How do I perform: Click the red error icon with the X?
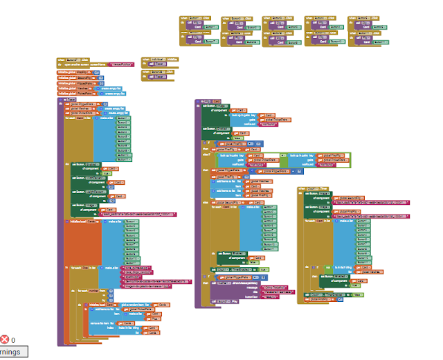tap(6, 339)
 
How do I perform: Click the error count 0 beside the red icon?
tap(12, 340)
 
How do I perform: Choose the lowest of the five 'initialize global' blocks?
tap(72, 93)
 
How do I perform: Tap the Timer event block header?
tap(311, 188)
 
